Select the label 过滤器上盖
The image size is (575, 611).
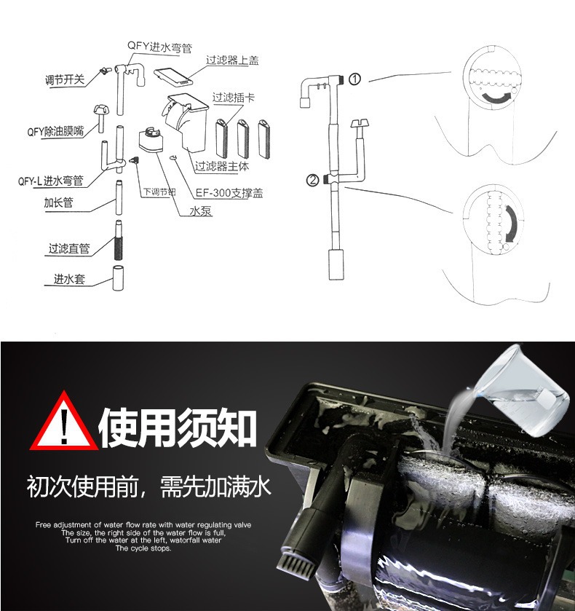click(232, 60)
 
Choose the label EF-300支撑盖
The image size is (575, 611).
click(230, 194)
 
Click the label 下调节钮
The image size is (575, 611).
click(159, 192)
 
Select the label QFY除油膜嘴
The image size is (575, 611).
click(52, 132)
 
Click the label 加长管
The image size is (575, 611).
click(58, 203)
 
